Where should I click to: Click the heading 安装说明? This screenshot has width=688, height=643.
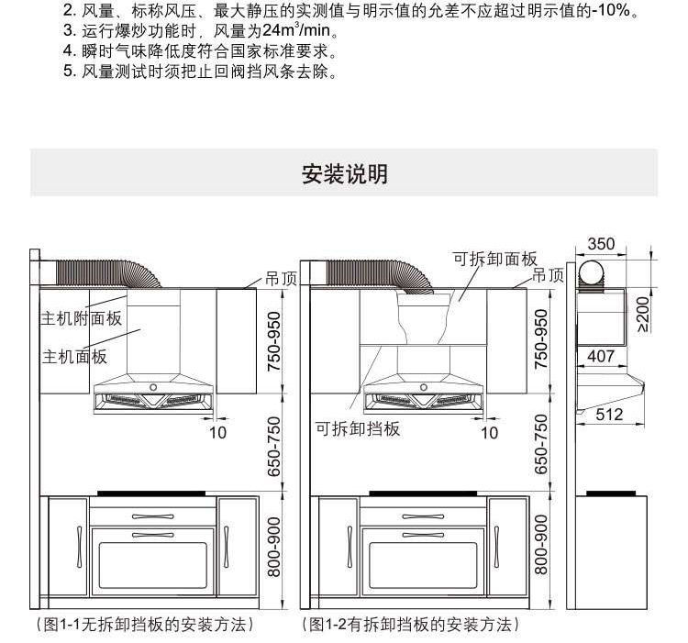344,174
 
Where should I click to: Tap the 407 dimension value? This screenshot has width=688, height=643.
601,356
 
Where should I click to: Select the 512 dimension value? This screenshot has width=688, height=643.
609,415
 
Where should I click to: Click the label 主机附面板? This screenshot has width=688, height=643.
80,319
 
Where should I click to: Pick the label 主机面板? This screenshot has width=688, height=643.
72,356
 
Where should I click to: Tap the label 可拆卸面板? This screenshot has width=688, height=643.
494,259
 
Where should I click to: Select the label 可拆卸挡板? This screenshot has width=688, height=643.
359,428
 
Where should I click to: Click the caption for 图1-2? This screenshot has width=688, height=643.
412,625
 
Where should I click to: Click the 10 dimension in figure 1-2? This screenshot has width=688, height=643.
490,432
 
